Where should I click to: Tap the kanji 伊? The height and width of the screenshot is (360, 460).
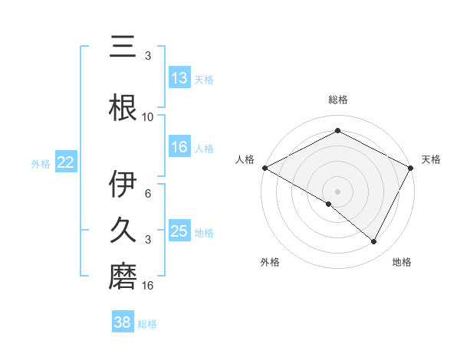click(123, 185)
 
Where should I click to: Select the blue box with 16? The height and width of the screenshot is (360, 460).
click(179, 148)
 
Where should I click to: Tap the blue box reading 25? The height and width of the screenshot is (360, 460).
click(179, 232)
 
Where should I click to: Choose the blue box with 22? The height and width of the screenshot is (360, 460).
click(65, 162)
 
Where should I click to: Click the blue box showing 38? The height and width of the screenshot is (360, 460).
click(122, 323)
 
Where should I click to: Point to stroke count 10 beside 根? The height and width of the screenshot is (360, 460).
click(148, 117)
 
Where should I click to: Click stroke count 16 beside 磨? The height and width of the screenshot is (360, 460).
click(148, 286)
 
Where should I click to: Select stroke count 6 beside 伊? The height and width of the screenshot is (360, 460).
click(148, 195)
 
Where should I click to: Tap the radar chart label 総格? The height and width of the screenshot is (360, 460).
click(337, 100)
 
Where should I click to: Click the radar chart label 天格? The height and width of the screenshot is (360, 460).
click(431, 159)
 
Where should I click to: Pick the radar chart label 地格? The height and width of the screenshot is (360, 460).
click(402, 262)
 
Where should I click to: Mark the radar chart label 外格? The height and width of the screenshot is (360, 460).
click(270, 262)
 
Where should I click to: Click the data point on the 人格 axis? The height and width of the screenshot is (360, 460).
click(264, 167)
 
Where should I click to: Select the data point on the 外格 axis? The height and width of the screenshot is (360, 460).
click(328, 204)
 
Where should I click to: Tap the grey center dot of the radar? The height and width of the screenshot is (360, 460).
click(337, 191)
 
